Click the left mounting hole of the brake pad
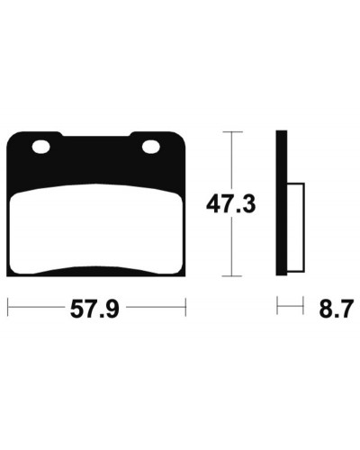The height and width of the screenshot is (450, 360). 41,147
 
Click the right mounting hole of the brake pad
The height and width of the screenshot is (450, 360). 151,147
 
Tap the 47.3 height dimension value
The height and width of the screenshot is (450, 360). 230,204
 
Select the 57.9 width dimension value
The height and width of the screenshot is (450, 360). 94,309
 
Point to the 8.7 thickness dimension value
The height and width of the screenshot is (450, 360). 335,309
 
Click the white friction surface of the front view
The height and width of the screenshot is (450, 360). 95,229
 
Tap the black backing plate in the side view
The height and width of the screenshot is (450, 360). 282,203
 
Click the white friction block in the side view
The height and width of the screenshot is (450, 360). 296,228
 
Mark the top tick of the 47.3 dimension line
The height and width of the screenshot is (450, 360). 231,131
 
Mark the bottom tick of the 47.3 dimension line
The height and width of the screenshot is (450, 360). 231,276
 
